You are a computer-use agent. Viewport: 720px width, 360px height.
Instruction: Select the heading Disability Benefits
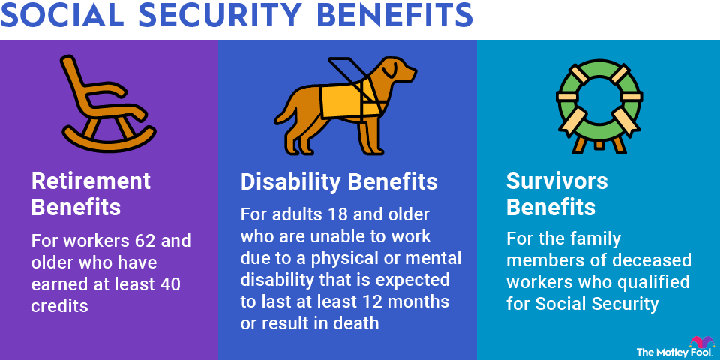click(x=339, y=182)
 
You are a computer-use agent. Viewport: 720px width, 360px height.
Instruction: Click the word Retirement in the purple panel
click(x=91, y=181)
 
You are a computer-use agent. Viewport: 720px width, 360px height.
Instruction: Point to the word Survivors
click(x=557, y=181)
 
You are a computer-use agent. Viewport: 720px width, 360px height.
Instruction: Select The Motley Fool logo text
click(x=675, y=352)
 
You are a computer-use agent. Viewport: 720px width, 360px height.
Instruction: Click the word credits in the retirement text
click(x=59, y=305)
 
